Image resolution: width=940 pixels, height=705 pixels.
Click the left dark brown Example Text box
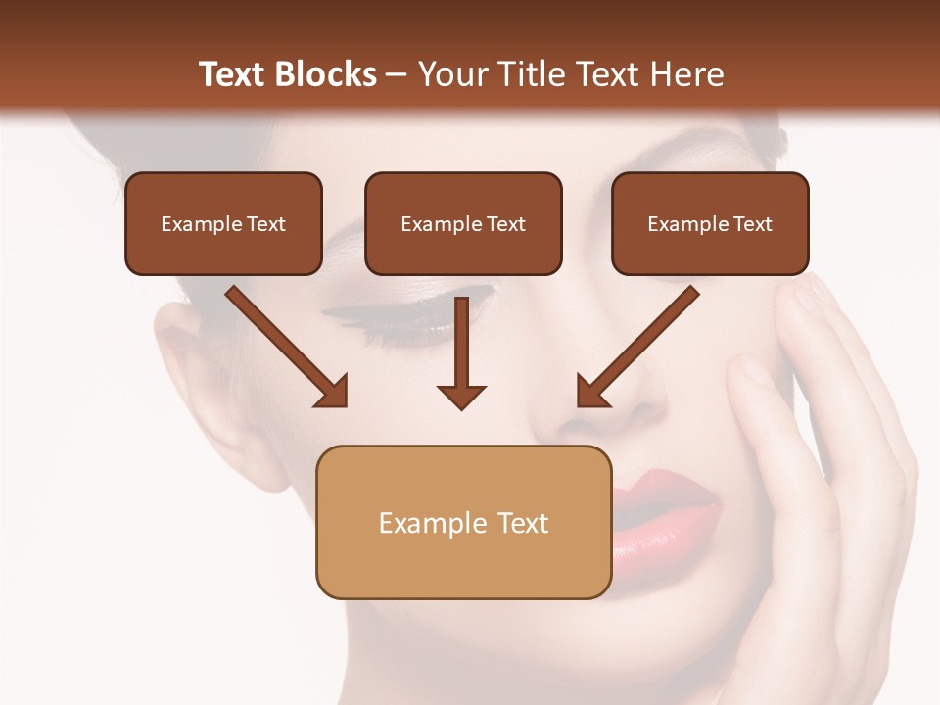[223, 223]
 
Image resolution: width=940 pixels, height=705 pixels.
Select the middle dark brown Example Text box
[463, 223]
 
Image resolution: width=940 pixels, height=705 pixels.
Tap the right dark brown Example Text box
[710, 223]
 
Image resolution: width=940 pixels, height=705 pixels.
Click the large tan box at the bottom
[463, 522]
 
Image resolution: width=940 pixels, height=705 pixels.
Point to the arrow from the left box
[284, 344]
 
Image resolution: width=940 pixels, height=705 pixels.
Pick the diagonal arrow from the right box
[640, 344]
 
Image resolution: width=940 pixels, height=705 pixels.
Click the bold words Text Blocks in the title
[288, 74]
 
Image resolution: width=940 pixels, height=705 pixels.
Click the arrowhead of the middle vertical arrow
[461, 396]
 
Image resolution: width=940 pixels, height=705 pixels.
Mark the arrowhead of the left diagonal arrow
[334, 393]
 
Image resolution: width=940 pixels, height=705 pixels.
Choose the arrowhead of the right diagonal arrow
[590, 393]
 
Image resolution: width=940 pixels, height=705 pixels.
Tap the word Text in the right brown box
[752, 224]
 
